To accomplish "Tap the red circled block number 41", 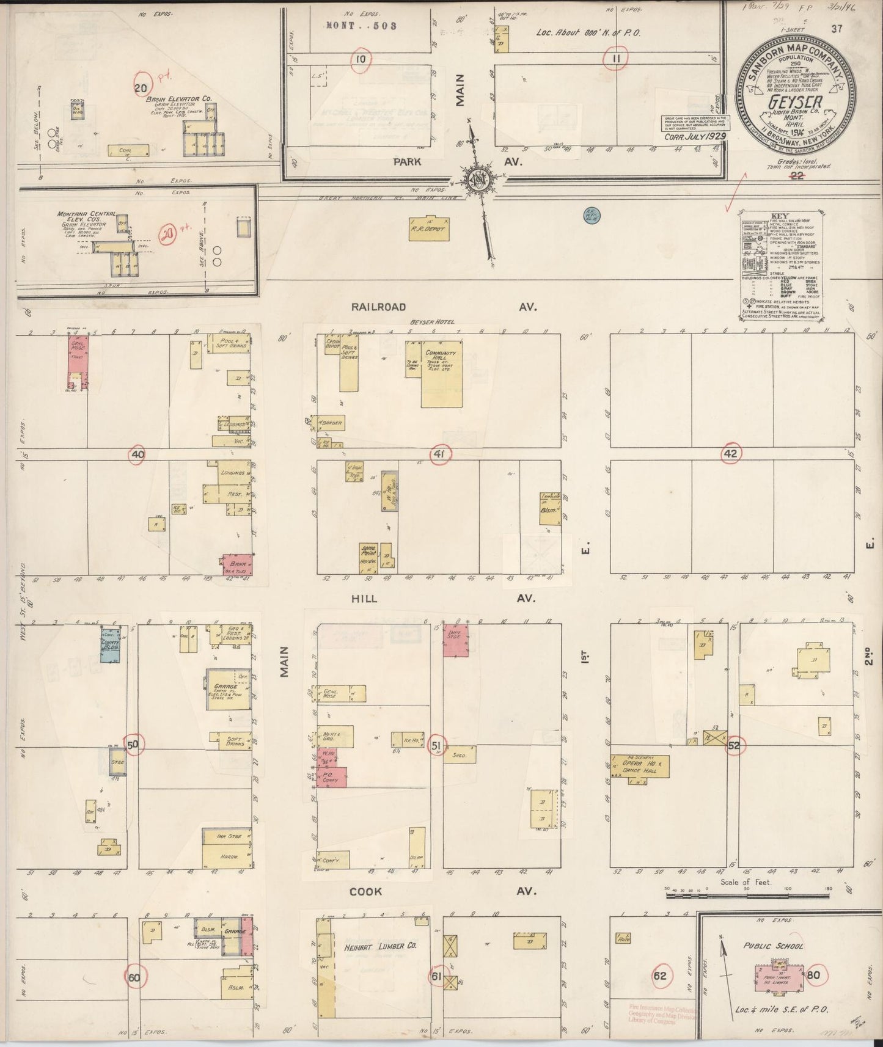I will pyautogui.click(x=439, y=454).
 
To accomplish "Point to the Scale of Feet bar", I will pyautogui.click(x=745, y=895).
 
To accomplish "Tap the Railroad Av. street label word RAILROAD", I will pyautogui.click(x=379, y=307).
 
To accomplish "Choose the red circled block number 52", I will pyautogui.click(x=734, y=745).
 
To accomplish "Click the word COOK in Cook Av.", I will pyautogui.click(x=365, y=891).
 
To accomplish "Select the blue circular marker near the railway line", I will pyautogui.click(x=592, y=214).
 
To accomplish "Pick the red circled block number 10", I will pyautogui.click(x=361, y=59).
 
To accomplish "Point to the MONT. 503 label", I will pyautogui.click(x=362, y=26).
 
